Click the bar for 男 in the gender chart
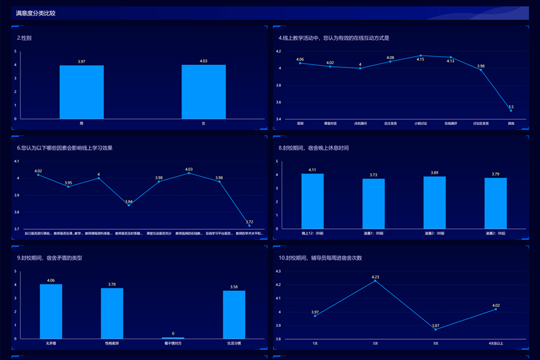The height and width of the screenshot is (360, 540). (82, 92)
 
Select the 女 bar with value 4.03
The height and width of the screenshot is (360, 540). (203, 92)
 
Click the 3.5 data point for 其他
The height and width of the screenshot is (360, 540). (511, 111)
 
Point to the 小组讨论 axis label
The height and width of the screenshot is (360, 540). (421, 124)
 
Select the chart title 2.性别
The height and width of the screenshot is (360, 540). (24, 38)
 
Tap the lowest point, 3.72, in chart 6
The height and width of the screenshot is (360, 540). (249, 226)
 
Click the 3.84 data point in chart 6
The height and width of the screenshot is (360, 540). (129, 205)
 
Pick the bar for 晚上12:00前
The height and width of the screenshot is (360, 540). (313, 201)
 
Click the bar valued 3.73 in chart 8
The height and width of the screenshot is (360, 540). (373, 203)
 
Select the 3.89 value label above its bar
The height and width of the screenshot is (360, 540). (435, 173)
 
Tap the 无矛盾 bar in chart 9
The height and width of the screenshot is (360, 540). (51, 311)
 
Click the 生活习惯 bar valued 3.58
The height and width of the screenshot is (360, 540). (234, 314)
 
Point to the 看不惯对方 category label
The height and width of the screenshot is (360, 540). (173, 343)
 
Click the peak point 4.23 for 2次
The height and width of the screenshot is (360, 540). (375, 281)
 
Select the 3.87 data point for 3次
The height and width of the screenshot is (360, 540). (436, 329)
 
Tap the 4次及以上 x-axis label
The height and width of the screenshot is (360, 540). (496, 343)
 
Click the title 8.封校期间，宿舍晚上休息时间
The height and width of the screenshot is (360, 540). (314, 148)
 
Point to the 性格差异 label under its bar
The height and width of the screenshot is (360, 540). (112, 343)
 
